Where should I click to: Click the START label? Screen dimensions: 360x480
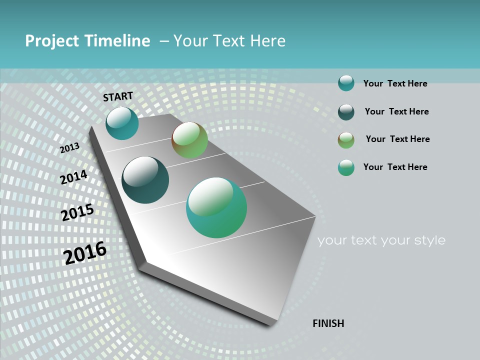point(118,96)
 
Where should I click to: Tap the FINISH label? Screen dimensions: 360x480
point(328,323)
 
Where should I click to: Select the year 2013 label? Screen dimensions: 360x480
point(70,148)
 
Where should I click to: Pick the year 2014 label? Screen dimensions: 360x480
point(73,177)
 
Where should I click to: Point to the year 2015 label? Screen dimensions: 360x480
point(77,212)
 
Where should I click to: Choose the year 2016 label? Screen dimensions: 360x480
point(85,252)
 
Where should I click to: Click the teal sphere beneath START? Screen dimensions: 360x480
point(122,123)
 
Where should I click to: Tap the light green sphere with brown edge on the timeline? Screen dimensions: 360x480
point(190,140)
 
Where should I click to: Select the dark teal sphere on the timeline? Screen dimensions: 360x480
point(145,180)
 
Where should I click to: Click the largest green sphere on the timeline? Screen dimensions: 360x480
point(216,207)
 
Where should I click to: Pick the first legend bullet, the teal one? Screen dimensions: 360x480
point(346,83)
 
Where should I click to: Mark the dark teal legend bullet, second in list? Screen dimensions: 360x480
point(346,112)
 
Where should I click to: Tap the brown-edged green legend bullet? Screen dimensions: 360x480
point(346,140)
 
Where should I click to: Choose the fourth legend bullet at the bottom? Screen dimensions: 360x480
point(346,167)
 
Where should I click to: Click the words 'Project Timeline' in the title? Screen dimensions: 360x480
point(87,41)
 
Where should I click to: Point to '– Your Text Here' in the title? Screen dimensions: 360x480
point(222,41)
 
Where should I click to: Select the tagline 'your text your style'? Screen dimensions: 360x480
point(381,240)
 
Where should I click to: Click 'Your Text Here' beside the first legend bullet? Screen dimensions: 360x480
point(395,83)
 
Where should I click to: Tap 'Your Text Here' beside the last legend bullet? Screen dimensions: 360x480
point(395,167)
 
